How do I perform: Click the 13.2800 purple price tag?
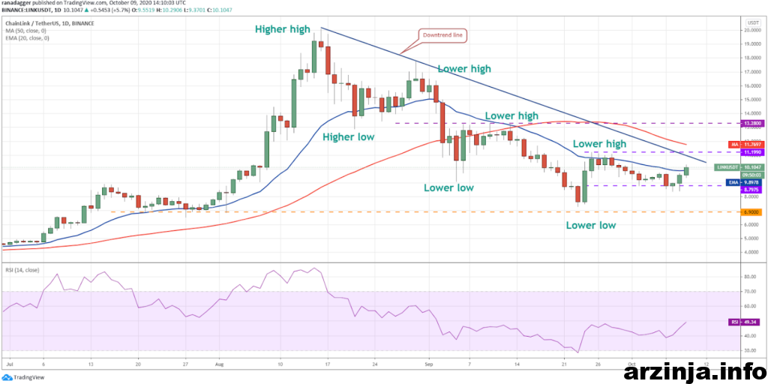[751, 122]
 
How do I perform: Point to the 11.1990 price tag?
[751, 152]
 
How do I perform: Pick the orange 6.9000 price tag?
[751, 212]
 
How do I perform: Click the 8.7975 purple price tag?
[751, 190]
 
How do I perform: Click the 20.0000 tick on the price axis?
[751, 31]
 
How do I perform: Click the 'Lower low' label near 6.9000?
[591, 224]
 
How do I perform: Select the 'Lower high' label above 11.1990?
[599, 143]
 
